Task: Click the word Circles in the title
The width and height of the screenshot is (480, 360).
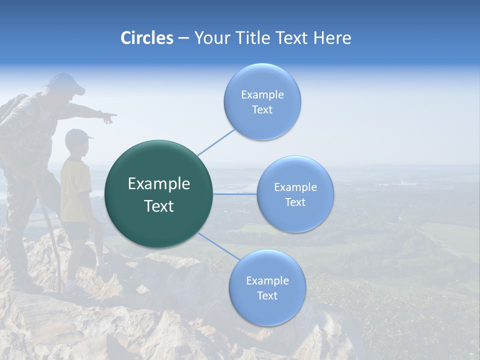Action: click(x=146, y=38)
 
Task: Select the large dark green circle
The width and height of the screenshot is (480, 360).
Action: click(x=159, y=194)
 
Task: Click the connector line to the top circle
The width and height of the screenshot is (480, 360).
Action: click(x=216, y=142)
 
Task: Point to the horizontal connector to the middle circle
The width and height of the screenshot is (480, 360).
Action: click(x=234, y=194)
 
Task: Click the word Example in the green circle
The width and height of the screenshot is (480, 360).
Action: click(x=159, y=184)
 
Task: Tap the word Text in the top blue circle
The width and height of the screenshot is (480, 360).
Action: click(x=262, y=110)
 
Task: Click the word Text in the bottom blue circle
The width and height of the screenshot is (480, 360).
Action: click(x=267, y=296)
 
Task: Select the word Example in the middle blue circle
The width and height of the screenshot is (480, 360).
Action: click(x=295, y=187)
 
